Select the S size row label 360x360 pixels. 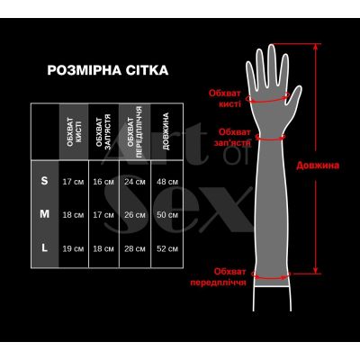(45, 182)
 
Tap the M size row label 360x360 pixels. (45, 214)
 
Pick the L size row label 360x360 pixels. (45, 247)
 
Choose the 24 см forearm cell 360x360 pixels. (134, 182)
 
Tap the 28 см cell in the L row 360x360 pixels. (134, 247)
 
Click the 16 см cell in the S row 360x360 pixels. (103, 182)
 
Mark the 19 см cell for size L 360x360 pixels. (73, 247)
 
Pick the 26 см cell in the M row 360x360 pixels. (134, 215)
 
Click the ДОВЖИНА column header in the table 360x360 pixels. (166, 130)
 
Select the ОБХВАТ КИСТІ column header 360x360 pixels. (73, 130)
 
